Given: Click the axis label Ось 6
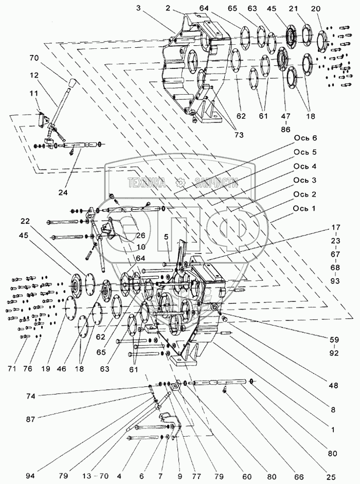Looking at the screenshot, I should click(x=305, y=139).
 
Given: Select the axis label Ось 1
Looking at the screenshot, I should click(x=305, y=208).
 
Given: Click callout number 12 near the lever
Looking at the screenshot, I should click(x=34, y=76).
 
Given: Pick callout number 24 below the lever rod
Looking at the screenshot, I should click(x=63, y=193).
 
